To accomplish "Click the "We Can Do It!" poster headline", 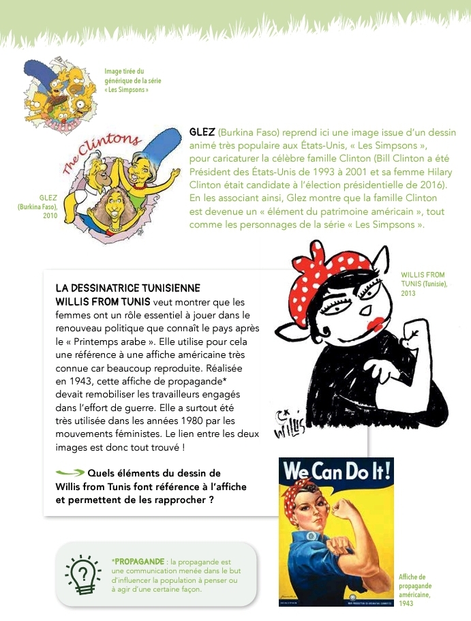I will pyautogui.click(x=336, y=472).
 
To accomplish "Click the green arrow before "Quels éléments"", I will pyautogui.click(x=70, y=472).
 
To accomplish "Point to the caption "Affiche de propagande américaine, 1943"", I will pyautogui.click(x=416, y=590).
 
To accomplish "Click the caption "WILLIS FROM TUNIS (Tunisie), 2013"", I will pyautogui.click(x=423, y=284).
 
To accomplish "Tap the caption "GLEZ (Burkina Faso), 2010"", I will pyautogui.click(x=38, y=207).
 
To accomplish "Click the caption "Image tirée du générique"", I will pyautogui.click(x=133, y=80).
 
